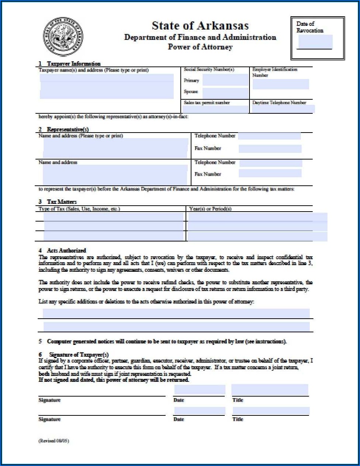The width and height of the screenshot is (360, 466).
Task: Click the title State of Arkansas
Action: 200,25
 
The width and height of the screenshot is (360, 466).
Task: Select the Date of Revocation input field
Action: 315,42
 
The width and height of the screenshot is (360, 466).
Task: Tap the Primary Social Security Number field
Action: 225,80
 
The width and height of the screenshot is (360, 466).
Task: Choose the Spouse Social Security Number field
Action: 225,93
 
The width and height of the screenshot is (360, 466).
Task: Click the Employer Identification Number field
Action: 281,84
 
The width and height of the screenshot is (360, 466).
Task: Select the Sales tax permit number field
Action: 216,109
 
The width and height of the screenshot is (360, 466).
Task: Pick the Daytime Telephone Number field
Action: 283,109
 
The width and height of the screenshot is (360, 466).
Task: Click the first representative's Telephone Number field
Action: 269,136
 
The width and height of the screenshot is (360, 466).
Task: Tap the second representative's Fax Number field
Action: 270,174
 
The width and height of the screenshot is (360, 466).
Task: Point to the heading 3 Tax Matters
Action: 58,202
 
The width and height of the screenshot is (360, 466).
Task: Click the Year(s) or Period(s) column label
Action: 210,209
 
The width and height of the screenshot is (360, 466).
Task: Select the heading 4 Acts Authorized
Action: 62,250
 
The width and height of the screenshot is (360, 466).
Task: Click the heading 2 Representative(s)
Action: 64,130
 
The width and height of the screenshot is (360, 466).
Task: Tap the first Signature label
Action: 50,400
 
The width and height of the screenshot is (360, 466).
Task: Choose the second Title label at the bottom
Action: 238,419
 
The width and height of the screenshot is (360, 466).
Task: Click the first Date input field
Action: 200,390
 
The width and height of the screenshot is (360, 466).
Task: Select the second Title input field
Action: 270,411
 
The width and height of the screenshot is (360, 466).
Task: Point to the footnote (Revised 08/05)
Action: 54,441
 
